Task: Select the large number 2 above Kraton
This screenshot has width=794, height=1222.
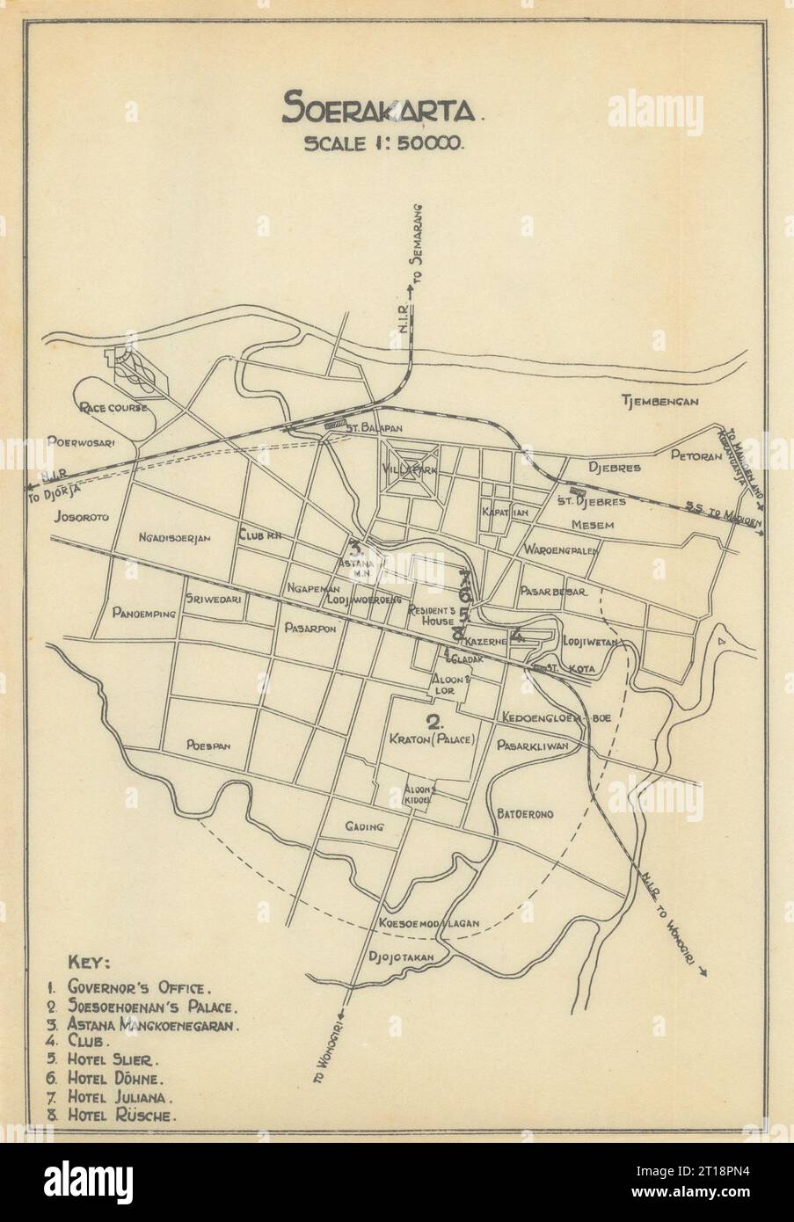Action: tap(433, 723)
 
